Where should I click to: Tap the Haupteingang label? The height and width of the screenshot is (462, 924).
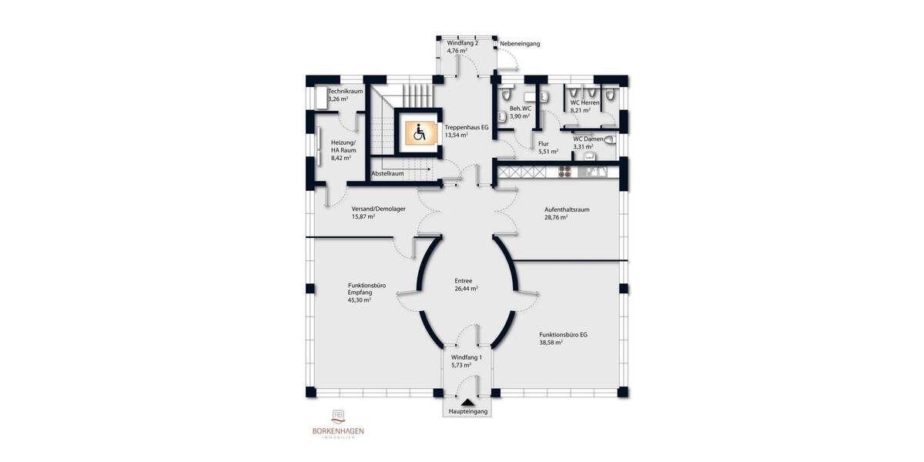(467, 411)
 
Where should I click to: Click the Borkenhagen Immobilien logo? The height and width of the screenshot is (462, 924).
(337, 423)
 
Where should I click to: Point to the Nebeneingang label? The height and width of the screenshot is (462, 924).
(520, 44)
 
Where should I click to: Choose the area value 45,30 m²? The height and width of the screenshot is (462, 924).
(360, 300)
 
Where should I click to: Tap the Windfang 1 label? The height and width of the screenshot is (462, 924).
(466, 358)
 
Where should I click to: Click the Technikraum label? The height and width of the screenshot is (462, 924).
(345, 91)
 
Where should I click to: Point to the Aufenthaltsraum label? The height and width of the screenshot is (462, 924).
(566, 209)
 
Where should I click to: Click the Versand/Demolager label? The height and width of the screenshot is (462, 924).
(379, 209)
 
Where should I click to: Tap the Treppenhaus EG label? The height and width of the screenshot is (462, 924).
(467, 126)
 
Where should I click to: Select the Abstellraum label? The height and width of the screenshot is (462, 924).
(387, 174)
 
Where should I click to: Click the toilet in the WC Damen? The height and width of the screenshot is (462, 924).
(611, 140)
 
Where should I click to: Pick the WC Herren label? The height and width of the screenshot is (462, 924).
(584, 102)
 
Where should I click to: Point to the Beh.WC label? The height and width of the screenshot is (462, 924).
(521, 109)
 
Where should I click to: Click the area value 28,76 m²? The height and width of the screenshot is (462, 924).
(554, 217)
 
